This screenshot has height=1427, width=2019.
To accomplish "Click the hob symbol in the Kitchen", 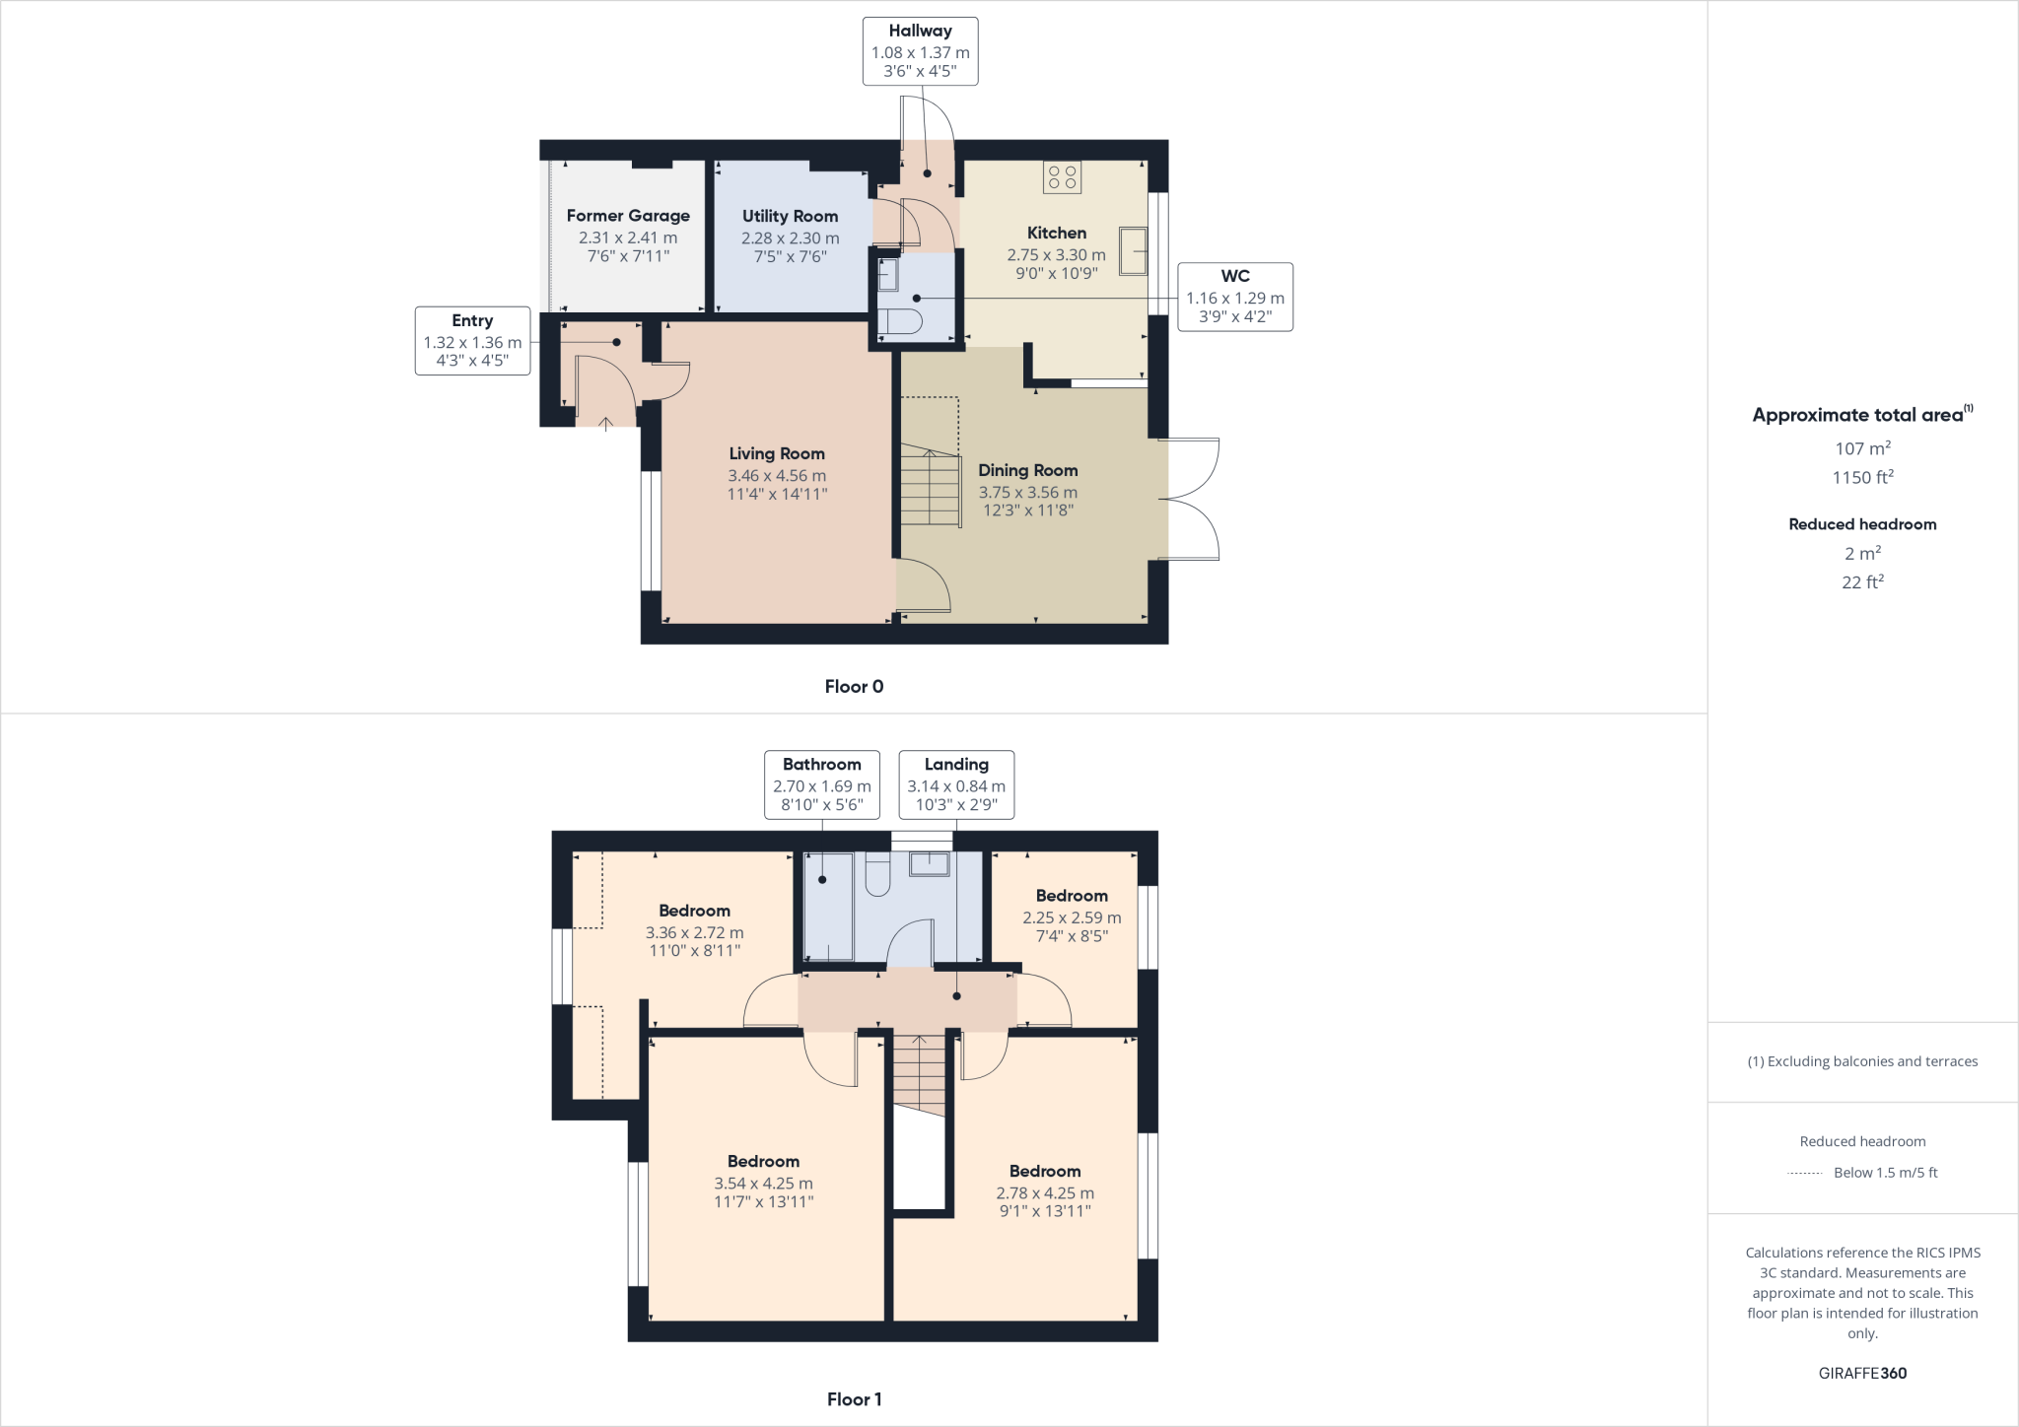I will (x=1063, y=177).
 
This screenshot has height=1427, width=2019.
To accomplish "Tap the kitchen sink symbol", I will (x=1133, y=250).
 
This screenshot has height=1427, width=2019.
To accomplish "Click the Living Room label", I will (x=777, y=453).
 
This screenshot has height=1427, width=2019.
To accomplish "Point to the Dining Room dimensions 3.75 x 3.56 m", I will (x=1027, y=492).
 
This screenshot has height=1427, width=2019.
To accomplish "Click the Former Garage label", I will (x=628, y=216).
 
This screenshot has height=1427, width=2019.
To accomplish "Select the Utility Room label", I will (x=790, y=216).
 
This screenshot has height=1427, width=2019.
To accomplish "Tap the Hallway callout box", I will (x=920, y=50).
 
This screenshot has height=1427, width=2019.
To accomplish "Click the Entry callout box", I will (x=472, y=341).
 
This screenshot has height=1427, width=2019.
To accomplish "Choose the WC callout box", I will (x=1234, y=297).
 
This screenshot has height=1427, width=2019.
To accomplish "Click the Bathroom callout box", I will (x=821, y=784).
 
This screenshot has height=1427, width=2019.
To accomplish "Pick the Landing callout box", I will (x=956, y=784).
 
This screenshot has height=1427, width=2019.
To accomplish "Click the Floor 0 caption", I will (x=854, y=687).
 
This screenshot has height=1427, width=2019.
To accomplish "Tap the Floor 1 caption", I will (x=854, y=1399).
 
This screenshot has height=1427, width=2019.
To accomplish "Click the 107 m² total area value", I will (x=1862, y=448).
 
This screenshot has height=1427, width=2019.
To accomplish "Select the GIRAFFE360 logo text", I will (x=1862, y=1373).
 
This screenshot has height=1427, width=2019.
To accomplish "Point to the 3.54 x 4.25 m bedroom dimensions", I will (x=763, y=1184).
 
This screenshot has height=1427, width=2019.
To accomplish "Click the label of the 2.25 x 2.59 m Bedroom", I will (x=1072, y=896).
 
